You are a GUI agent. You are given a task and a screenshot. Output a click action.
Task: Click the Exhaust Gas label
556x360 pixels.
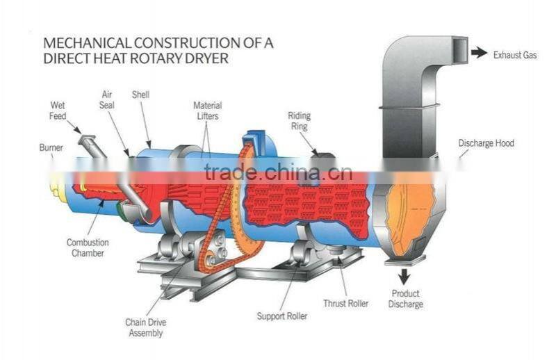[515, 55]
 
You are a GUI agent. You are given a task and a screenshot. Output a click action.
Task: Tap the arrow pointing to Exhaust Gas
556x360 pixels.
[480, 54]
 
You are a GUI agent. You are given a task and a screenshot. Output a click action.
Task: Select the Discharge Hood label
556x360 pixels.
[486, 143]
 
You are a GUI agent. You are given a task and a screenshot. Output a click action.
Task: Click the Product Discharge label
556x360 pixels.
[406, 299]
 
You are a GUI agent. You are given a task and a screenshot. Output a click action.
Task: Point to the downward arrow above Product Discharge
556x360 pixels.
[404, 277]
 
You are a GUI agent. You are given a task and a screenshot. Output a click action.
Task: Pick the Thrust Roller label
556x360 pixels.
[345, 303]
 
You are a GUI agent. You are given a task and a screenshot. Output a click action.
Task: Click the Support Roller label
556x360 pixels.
[282, 316]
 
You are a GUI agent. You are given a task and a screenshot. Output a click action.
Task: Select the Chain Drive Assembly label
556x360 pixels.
[146, 327]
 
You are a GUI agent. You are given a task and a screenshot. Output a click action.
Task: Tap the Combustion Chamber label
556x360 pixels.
[88, 247]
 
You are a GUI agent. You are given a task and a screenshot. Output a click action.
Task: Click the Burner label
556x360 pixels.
[51, 147]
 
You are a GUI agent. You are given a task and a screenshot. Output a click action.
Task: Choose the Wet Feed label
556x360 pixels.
[58, 111]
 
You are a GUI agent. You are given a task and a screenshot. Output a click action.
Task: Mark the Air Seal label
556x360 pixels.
[107, 99]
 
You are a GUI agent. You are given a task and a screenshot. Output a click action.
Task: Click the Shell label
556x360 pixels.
[141, 95]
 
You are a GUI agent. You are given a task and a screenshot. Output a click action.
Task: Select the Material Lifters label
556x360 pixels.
[207, 111]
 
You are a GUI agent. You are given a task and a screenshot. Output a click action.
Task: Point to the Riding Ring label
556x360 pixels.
[300, 121]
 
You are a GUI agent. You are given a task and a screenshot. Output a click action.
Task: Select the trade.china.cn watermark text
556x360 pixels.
[279, 172]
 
